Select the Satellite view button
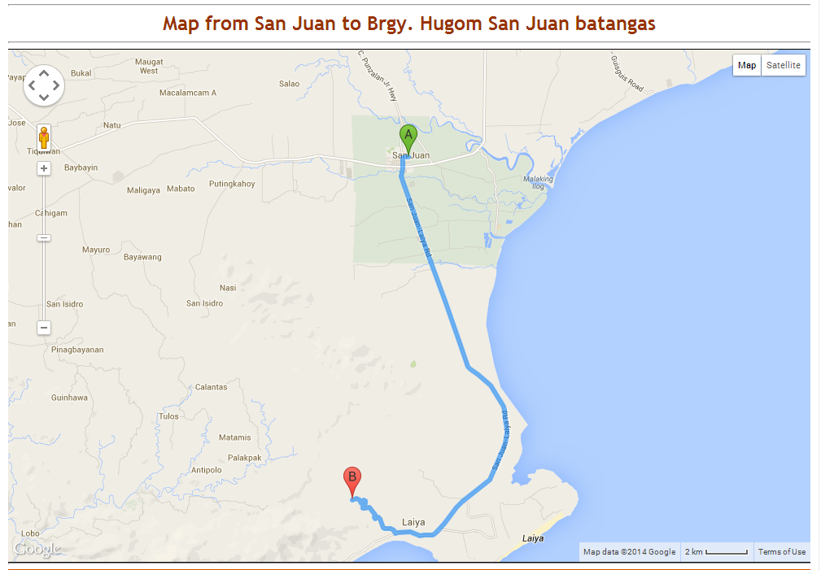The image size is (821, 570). (784, 65)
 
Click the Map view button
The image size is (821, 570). (747, 65)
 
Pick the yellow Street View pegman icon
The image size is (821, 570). (44, 137)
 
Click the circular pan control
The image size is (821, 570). (44, 85)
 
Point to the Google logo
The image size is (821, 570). (37, 550)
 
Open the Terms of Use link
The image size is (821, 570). (782, 552)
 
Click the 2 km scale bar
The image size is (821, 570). (716, 552)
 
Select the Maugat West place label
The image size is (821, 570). (149, 66)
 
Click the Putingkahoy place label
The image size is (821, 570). (232, 184)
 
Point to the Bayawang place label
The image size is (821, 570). (142, 257)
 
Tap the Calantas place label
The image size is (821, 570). (212, 387)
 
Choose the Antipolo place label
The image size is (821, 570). (206, 470)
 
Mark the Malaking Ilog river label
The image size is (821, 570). (538, 183)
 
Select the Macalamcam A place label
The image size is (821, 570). (188, 93)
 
